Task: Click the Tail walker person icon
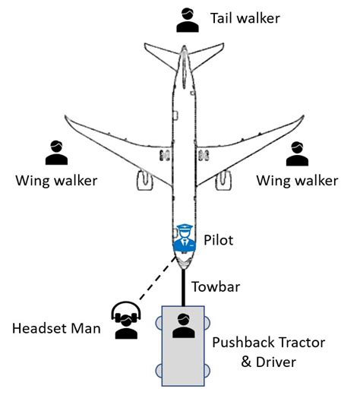click(186, 21)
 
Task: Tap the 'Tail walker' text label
click(244, 17)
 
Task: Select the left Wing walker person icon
click(55, 153)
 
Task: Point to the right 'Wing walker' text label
click(297, 181)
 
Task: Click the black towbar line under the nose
click(183, 288)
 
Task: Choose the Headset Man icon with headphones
click(125, 320)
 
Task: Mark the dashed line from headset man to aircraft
click(152, 286)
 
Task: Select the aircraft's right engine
click(225, 180)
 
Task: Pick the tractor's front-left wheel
click(160, 321)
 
